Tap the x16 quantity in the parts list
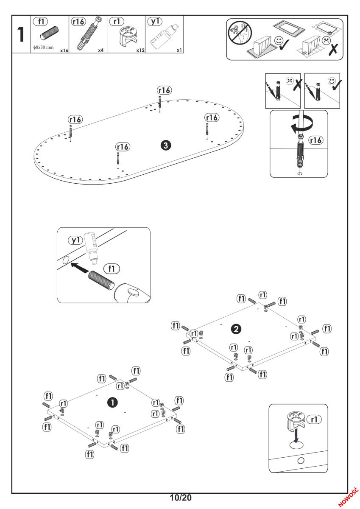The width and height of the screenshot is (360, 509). pos(64,50)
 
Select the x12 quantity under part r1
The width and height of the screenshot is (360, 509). pos(141,50)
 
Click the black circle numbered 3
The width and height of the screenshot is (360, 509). pos(166,145)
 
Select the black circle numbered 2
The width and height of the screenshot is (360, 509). pos(237,328)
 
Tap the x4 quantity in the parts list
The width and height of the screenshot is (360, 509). pos(101,50)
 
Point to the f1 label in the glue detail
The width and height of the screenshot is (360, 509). pos(112,268)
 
